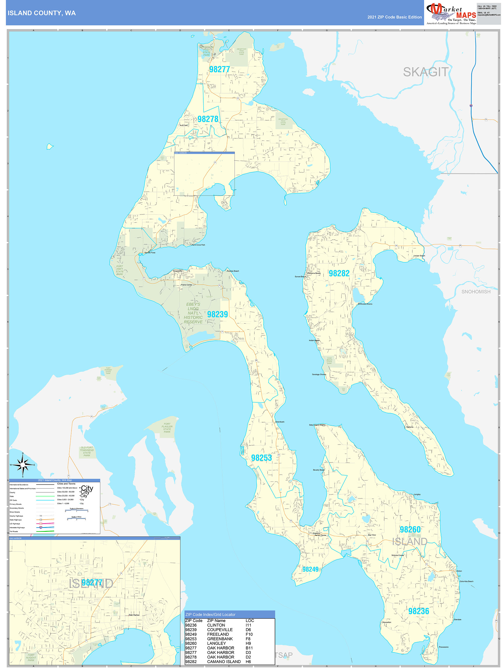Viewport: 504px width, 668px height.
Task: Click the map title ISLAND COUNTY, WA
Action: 42,13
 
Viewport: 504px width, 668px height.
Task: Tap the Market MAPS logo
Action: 451,14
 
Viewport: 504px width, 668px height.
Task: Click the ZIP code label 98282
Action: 339,273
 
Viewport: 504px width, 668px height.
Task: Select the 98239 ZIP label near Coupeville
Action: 217,314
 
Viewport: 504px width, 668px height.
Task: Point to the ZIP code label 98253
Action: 261,458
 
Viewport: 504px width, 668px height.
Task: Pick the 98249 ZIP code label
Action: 310,569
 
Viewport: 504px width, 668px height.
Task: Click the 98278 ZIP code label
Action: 208,119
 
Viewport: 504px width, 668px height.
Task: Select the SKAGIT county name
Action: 425,72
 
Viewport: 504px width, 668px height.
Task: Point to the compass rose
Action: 23,465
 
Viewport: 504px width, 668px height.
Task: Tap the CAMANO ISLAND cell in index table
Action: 224,662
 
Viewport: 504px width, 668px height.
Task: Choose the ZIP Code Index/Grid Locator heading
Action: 210,615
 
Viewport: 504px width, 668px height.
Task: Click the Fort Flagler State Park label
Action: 167,428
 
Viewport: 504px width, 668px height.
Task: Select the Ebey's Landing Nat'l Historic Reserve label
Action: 193,313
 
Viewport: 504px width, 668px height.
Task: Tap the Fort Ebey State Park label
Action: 120,270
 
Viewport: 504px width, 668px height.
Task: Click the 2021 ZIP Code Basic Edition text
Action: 394,17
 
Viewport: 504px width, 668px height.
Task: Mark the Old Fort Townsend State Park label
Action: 87,451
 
